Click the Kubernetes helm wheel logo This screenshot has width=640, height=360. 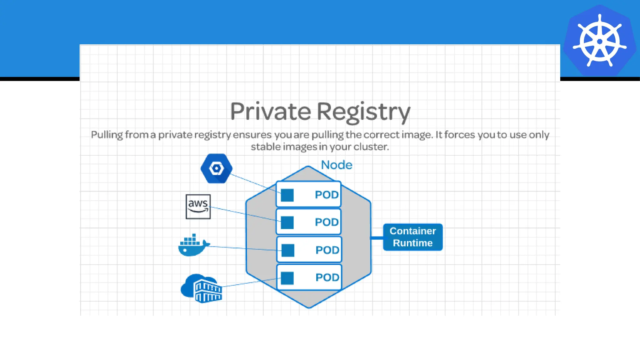(599, 41)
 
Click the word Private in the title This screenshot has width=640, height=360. (271, 112)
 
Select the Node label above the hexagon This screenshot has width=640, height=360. (337, 165)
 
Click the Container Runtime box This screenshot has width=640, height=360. (412, 237)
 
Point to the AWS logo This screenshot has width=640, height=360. (198, 207)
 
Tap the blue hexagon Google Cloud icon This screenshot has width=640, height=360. (216, 168)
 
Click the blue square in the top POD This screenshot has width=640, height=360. (287, 195)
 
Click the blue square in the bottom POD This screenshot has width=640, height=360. (287, 278)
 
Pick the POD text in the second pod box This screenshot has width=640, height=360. (327, 222)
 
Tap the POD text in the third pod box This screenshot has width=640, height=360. (327, 250)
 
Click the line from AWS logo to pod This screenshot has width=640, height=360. (244, 214)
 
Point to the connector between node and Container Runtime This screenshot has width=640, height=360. (377, 238)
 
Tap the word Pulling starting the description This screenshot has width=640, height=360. (107, 135)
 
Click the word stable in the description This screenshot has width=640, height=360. (266, 147)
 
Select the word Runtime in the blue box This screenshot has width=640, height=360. (412, 243)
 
